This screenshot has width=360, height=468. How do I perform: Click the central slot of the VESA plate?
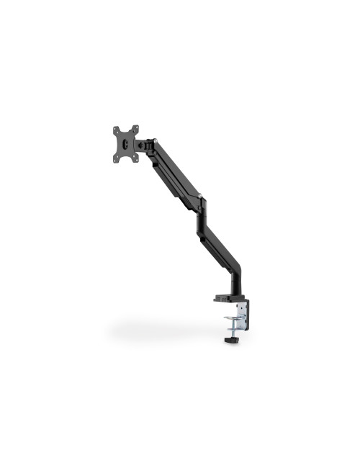click(126, 143)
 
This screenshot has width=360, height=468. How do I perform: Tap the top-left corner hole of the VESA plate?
click(116, 130)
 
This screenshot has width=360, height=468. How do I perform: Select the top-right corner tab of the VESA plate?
click(135, 128)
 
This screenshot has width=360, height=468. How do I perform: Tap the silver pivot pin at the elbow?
click(201, 195)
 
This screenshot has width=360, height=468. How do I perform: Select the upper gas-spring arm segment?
click(173, 170)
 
